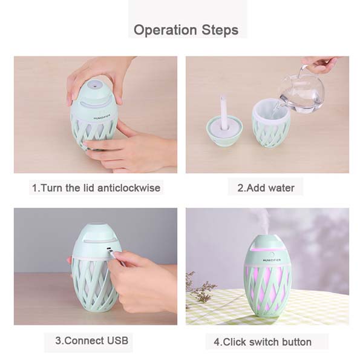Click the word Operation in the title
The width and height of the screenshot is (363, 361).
[x=165, y=30]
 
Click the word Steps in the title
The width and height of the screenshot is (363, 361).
[x=220, y=30]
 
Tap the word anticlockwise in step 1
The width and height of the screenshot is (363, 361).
[x=129, y=188]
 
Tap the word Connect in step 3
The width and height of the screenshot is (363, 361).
[x=83, y=340]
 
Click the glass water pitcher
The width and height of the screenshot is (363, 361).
[x=301, y=93]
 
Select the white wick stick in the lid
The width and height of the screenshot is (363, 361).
[x=223, y=113]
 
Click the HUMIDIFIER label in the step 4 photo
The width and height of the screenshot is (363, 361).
[x=272, y=260]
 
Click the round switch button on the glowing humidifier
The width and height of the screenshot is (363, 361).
[x=272, y=254]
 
